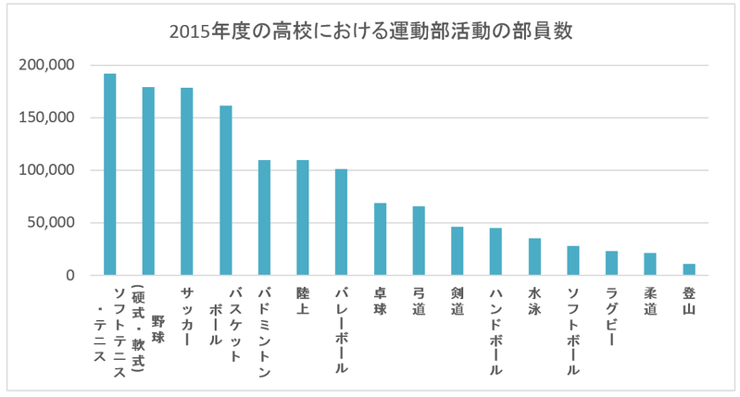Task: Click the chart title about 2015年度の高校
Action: [370, 31]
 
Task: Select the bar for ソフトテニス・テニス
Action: [109, 175]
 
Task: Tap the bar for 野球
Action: [148, 181]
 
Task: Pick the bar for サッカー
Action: [186, 181]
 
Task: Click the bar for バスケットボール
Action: [225, 191]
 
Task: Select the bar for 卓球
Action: [380, 239]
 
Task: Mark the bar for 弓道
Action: [419, 241]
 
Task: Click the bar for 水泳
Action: [534, 256]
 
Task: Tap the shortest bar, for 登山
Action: [689, 269]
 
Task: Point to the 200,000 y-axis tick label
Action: [45, 66]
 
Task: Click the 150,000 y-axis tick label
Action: [45, 118]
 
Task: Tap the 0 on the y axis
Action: [70, 276]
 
